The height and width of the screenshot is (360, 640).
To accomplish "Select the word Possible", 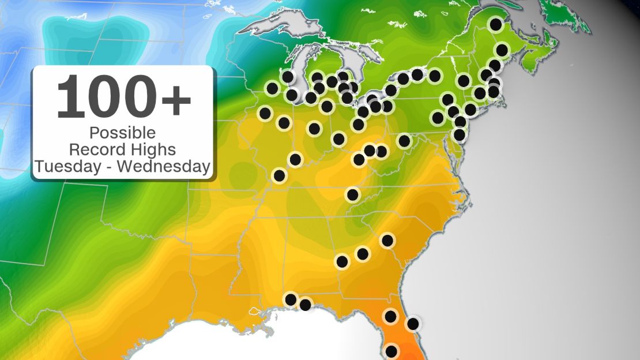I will click(x=122, y=133).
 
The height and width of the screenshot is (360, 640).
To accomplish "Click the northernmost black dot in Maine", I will click(x=495, y=24).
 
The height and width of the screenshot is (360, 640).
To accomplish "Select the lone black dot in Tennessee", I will click(x=352, y=194).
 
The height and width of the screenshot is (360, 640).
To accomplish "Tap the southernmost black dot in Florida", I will click(x=391, y=351).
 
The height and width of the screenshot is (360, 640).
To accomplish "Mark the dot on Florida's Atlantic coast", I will click(x=413, y=324).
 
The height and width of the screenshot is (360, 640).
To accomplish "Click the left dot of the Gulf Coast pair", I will click(x=291, y=299).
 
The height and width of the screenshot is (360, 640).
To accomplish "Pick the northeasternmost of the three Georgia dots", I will click(x=387, y=240).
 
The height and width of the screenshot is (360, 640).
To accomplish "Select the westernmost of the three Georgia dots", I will click(x=342, y=262).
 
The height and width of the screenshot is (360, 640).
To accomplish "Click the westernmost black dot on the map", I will click(x=265, y=113).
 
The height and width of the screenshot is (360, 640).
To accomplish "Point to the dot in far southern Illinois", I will click(x=280, y=175).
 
